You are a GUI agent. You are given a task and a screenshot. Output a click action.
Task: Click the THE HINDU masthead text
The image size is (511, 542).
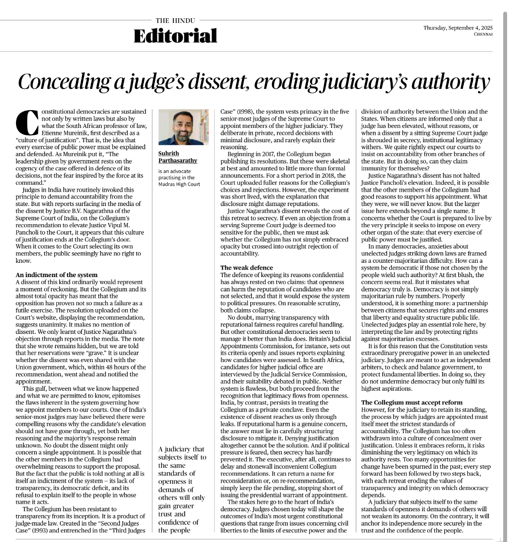click(x=175, y=20)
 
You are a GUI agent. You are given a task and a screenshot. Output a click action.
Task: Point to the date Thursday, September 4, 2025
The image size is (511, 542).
click(x=458, y=28)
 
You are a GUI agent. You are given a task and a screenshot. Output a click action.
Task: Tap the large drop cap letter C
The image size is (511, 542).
click(x=27, y=121)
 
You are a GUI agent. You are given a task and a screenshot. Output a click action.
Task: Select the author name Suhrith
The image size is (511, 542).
click(x=169, y=153)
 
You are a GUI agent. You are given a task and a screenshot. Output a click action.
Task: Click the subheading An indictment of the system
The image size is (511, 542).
click(x=56, y=274)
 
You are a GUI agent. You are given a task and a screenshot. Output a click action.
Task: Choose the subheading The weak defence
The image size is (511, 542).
click(x=247, y=268)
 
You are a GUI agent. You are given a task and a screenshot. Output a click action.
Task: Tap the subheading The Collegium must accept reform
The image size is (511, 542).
click(x=412, y=402)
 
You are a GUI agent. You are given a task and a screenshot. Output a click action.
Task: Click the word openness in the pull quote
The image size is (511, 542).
click(x=172, y=481)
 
